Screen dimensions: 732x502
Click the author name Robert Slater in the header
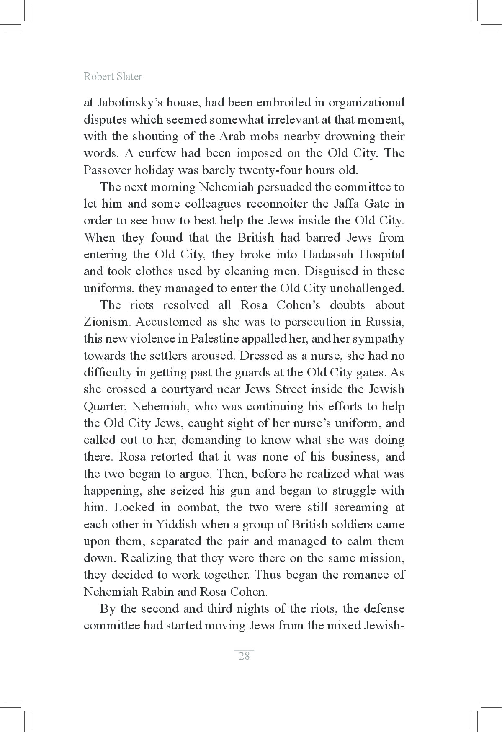tap(113, 77)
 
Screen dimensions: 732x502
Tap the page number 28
tap(244, 656)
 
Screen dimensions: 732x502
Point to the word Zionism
tap(107, 322)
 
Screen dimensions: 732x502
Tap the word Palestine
tap(215, 339)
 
